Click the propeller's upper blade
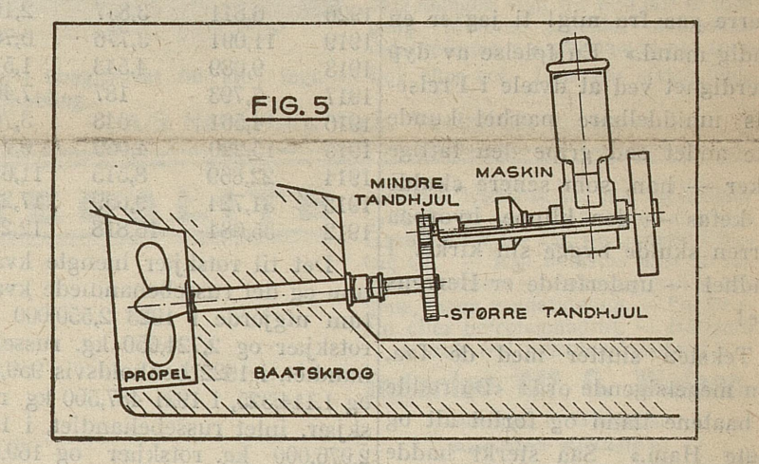coord(151,267)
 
